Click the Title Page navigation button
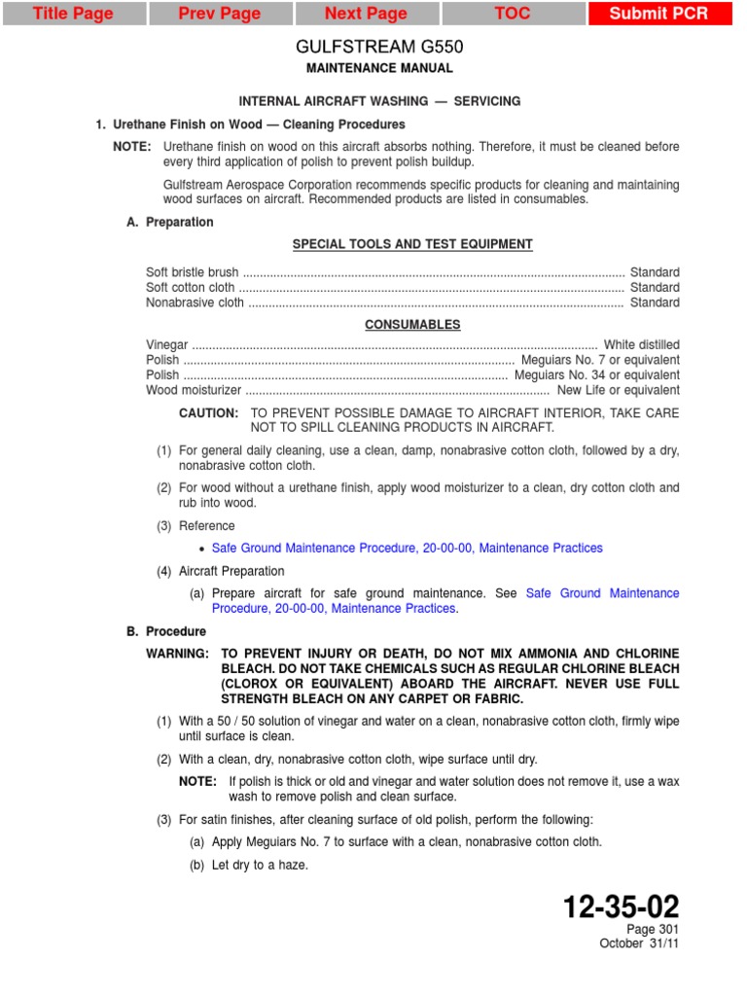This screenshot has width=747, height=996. pos(73,14)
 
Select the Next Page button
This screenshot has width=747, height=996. pos(366,14)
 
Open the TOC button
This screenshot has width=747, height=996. pos(513,14)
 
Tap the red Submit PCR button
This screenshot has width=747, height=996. pos(658,14)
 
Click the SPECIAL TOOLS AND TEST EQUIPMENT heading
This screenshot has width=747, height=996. pos(412,244)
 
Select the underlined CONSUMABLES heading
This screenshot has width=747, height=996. pos(412,325)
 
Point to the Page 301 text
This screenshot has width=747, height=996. pos(653,930)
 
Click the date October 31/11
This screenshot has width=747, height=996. pos(639,943)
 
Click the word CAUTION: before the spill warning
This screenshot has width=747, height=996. pos(208,413)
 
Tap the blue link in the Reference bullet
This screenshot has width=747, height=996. pos(407,549)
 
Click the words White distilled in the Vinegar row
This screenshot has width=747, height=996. pos(641,345)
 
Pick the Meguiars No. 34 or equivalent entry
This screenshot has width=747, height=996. pos(596,375)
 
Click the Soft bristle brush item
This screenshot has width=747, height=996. pos(192,272)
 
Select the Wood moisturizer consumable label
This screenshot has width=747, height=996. pos(194,390)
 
